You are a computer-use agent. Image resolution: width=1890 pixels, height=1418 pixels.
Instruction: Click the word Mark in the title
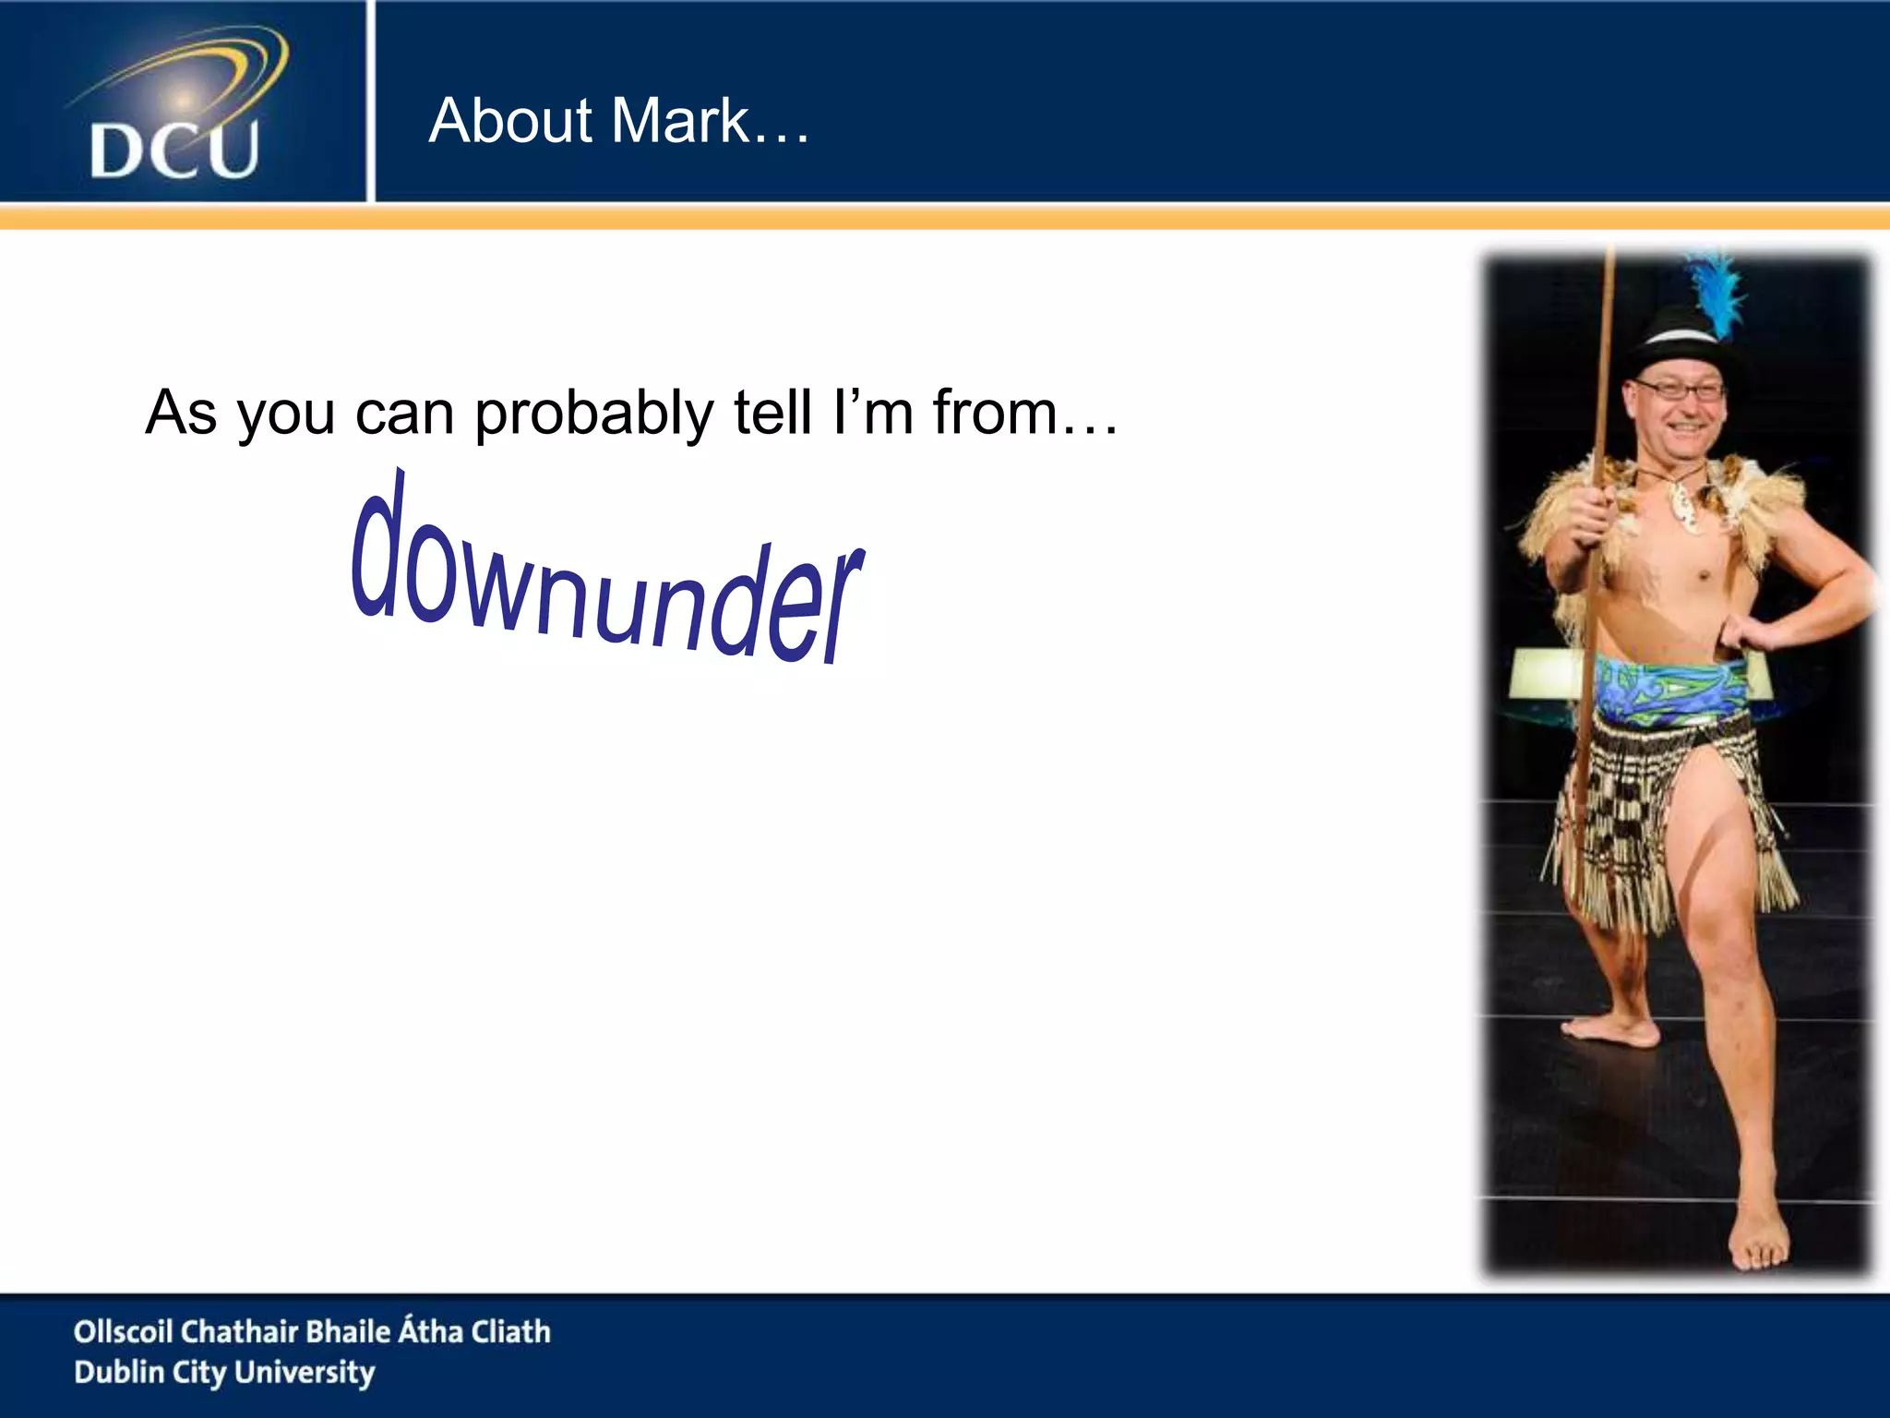pyautogui.click(x=681, y=121)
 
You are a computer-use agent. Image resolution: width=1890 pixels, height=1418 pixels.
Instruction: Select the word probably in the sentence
pyautogui.click(x=593, y=414)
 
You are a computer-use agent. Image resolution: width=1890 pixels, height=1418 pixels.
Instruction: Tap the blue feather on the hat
pyautogui.click(x=1718, y=294)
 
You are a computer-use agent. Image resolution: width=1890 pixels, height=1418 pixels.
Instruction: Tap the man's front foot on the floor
pyautogui.click(x=1758, y=1242)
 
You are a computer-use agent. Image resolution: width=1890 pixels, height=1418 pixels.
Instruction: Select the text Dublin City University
pyautogui.click(x=224, y=1373)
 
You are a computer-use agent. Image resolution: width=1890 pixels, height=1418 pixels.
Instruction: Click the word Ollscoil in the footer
pyautogui.click(x=123, y=1331)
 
